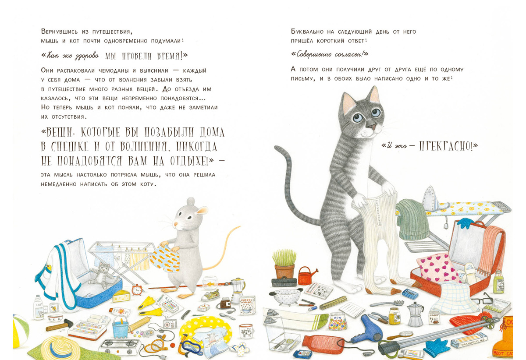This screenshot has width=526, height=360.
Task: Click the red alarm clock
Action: [137, 290]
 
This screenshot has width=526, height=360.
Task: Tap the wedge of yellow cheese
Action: [121, 296]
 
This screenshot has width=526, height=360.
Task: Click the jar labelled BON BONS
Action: [338, 321]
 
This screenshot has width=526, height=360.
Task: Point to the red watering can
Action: [307, 275]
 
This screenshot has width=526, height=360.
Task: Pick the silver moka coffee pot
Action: [415, 314]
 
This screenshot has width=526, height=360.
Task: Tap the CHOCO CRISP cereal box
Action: [247, 305]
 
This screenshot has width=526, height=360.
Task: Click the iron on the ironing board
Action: [433, 198]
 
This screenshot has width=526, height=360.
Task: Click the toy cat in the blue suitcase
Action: [102, 275]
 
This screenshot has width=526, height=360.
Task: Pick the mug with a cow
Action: [246, 331]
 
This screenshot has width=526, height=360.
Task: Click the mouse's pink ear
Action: [202, 210]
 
